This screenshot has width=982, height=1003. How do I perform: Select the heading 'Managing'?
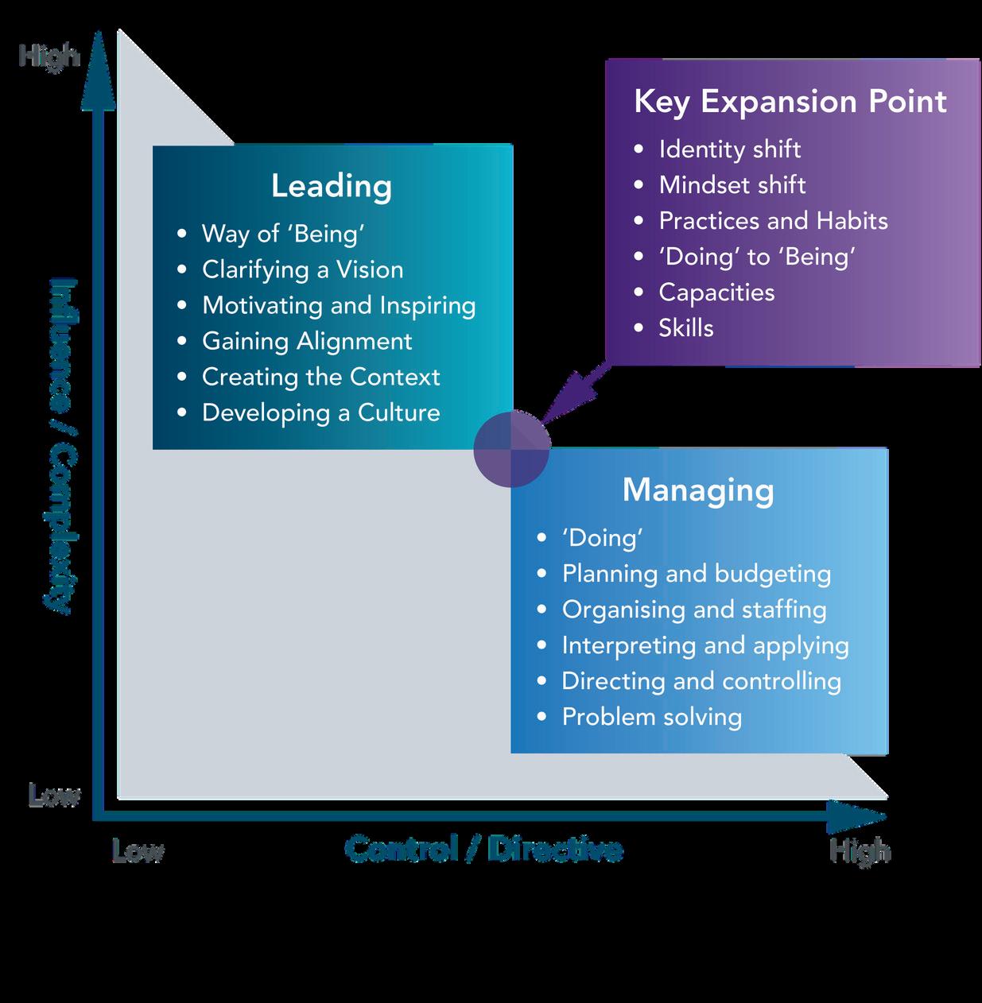(698, 490)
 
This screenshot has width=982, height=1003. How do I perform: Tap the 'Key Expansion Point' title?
(790, 102)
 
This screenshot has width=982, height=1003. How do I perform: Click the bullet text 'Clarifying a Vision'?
(303, 270)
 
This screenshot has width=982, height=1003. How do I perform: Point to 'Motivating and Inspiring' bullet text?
(339, 306)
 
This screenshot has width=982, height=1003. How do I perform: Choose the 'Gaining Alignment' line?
(308, 342)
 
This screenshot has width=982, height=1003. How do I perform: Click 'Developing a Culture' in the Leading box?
(321, 412)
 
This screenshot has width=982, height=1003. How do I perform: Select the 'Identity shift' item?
(730, 150)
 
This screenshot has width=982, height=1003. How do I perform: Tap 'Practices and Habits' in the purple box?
(774, 221)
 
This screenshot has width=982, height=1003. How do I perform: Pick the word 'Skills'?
(686, 327)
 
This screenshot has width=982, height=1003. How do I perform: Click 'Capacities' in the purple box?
(717, 292)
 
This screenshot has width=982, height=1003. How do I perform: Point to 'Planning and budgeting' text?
(697, 575)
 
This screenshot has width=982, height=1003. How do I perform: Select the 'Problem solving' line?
(652, 718)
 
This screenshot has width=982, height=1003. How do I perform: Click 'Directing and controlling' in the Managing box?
(701, 682)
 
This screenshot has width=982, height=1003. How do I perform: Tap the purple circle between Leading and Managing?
(512, 448)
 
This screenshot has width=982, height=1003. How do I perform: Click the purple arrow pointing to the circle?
(576, 393)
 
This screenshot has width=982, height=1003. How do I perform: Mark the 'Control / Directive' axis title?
(483, 849)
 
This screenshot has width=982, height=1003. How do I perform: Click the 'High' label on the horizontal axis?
(860, 851)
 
